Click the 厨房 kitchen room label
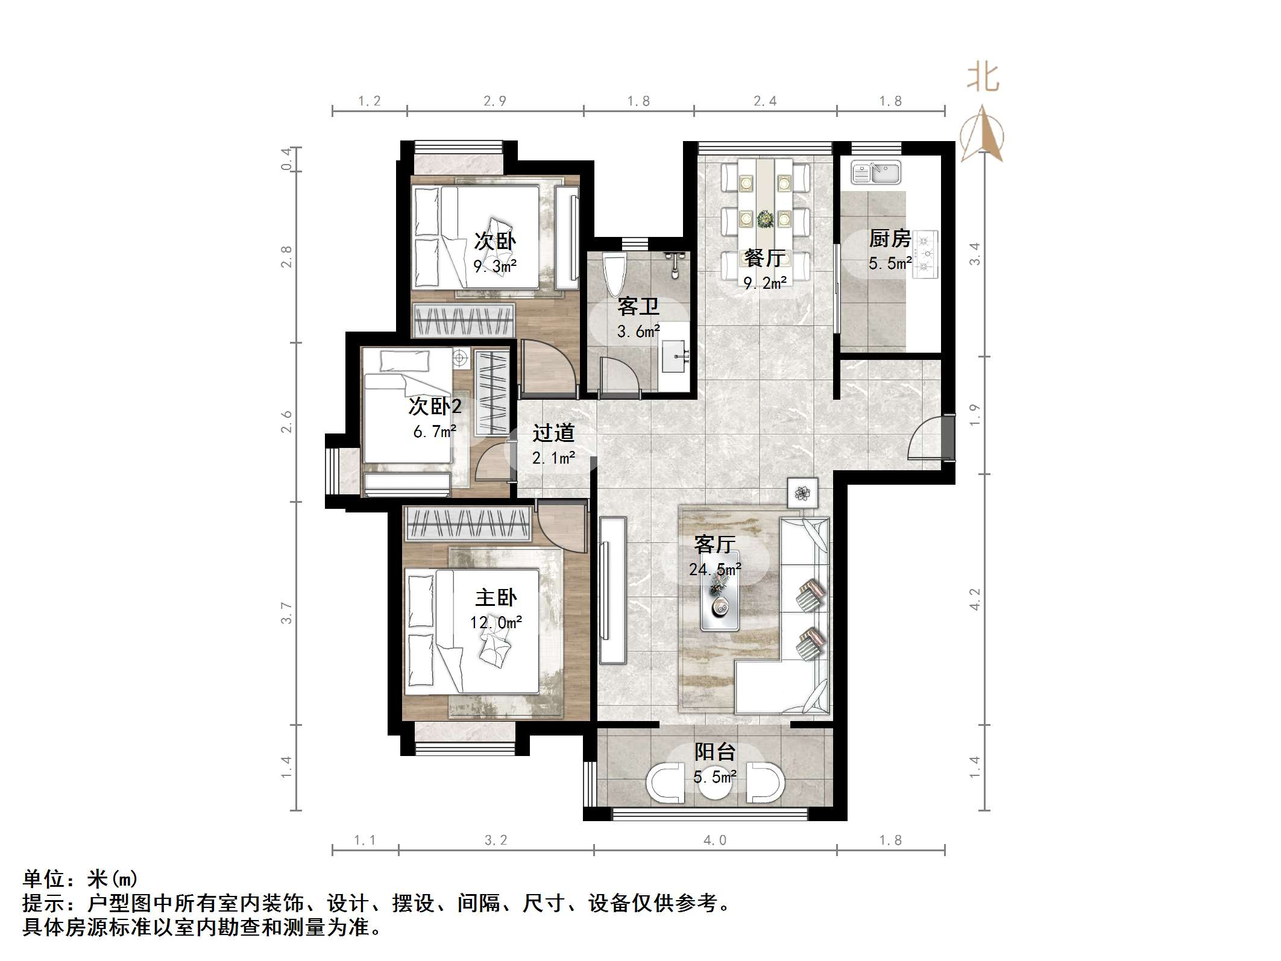click(889, 239)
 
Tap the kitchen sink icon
click(875, 172)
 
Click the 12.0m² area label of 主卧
click(496, 622)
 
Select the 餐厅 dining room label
click(764, 258)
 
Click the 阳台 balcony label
click(715, 752)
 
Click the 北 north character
click(983, 78)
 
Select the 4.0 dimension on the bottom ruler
click(715, 840)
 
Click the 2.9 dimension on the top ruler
click(495, 101)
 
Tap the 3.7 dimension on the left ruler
click(286, 613)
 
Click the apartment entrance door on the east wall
click(947, 437)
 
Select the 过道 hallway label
click(553, 433)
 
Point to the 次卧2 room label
click(435, 407)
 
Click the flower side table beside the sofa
click(802, 493)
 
